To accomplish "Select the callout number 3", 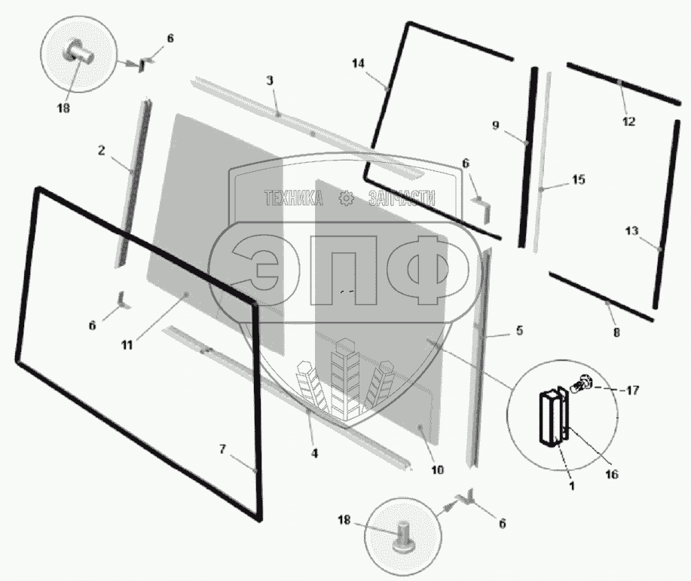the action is pyautogui.click(x=270, y=81).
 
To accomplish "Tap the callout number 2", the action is pyautogui.click(x=101, y=150).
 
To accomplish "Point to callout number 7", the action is pyautogui.click(x=222, y=449).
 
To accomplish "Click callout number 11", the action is pyautogui.click(x=127, y=344).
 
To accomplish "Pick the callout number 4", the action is pyautogui.click(x=314, y=454).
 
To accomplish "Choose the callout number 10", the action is pyautogui.click(x=437, y=469).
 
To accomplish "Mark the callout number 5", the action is pyautogui.click(x=519, y=330).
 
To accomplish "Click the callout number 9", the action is pyautogui.click(x=496, y=126).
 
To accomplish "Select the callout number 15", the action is pyautogui.click(x=578, y=180).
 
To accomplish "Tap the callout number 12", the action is pyautogui.click(x=628, y=121).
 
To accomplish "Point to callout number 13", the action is pyautogui.click(x=631, y=231).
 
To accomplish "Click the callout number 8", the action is pyautogui.click(x=616, y=332).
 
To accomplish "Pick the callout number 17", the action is pyautogui.click(x=632, y=390).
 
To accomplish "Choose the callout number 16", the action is pyautogui.click(x=611, y=475).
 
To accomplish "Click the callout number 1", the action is pyautogui.click(x=571, y=486).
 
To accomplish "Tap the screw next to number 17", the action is pyautogui.click(x=584, y=384).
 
